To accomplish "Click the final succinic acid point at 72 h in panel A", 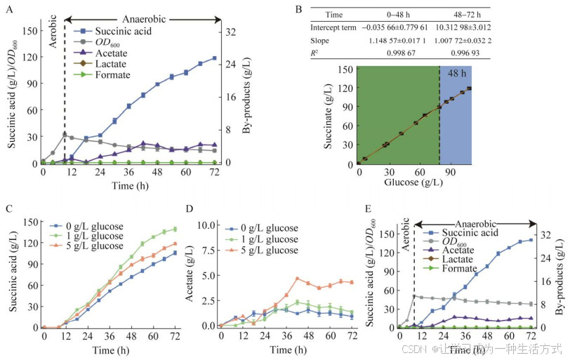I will (x=213, y=58).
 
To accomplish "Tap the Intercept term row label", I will (x=334, y=27).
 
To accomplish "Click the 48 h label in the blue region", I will (x=456, y=74).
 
